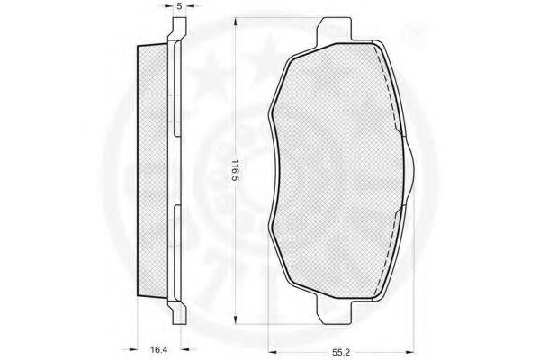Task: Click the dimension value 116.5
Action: pos(235,171)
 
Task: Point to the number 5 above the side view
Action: pos(179,6)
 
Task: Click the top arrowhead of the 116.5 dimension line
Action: pos(235,22)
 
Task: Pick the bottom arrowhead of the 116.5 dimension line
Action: pos(235,319)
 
